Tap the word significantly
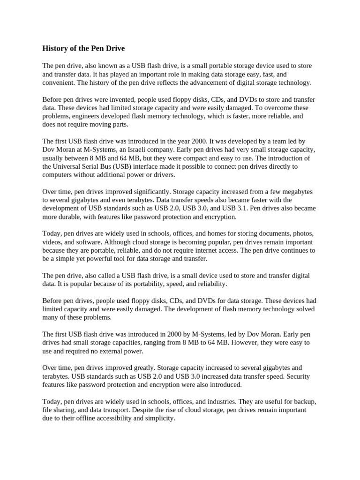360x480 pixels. (x=143, y=192)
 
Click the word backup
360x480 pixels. (x=304, y=402)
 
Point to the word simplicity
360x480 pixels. (x=159, y=419)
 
